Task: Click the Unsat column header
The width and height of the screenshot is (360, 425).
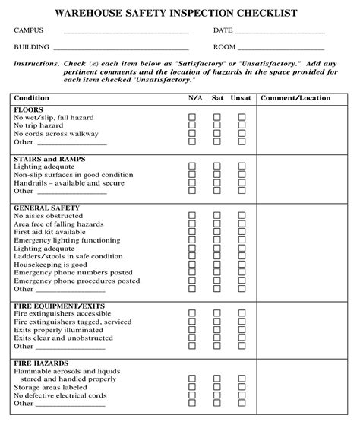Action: (242, 98)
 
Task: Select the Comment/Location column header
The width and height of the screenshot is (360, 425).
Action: (295, 98)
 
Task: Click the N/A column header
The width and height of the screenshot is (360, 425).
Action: (194, 98)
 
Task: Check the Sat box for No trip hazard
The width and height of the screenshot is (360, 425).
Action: (217, 125)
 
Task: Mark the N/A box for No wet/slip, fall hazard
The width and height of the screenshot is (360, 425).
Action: (192, 117)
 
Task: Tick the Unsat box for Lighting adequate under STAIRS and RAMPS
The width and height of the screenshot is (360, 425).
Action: (242, 167)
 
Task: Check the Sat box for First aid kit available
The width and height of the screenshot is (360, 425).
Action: (217, 232)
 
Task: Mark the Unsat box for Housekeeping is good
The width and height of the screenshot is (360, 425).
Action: (242, 265)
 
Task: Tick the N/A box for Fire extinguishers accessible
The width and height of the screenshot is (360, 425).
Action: (192, 314)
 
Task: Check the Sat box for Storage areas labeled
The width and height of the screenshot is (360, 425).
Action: (217, 386)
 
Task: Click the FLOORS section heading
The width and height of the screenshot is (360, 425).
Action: (29, 109)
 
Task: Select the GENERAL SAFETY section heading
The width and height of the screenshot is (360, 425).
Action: (46, 208)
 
